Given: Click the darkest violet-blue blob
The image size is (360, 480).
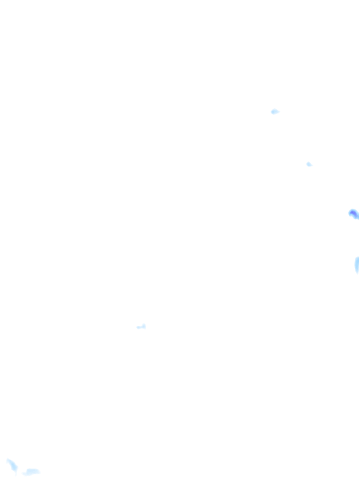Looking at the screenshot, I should click(x=353, y=214).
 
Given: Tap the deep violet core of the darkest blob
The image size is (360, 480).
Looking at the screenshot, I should click(x=352, y=213).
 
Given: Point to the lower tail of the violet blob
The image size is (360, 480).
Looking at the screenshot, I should click(x=357, y=217).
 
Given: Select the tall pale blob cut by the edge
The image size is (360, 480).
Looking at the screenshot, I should click(x=357, y=265).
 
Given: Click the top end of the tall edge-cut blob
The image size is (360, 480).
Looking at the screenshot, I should click(x=358, y=257).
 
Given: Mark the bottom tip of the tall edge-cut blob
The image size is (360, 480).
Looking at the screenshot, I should click(x=358, y=273).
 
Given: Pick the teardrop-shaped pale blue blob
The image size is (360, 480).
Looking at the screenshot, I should click(x=275, y=112).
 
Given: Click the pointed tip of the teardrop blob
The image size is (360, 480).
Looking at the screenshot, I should click(x=279, y=112).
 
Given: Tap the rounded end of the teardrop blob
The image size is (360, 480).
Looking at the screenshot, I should click(x=272, y=112).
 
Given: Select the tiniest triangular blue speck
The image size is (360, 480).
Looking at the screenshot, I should click(x=309, y=164).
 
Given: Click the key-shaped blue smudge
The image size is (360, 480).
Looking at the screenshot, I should click(x=141, y=327).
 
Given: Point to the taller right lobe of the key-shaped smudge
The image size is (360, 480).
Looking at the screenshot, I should click(x=144, y=326).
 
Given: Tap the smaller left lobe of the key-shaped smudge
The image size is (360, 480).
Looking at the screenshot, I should click(x=138, y=327).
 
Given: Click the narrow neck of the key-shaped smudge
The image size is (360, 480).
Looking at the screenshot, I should click(x=141, y=327).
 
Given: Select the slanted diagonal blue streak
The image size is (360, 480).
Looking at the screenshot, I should click(x=12, y=465).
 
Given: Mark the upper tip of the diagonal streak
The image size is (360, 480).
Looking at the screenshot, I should click(x=8, y=460).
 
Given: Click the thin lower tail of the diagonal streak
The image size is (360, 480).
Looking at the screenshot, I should click(x=16, y=472).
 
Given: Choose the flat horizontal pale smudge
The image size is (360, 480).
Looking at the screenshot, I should click(x=31, y=472).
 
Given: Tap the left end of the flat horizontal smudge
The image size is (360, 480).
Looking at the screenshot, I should click(x=24, y=472).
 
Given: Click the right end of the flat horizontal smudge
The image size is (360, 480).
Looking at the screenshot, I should click(x=39, y=471).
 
